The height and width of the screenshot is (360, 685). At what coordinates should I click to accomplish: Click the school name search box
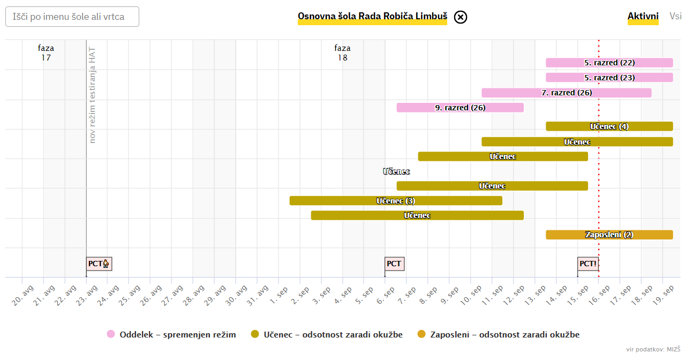tap(72, 17)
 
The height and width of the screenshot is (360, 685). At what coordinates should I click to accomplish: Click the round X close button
tap(461, 17)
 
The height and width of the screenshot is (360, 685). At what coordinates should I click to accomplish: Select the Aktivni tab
tap(643, 17)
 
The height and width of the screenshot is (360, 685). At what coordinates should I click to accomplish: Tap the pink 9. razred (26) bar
tap(460, 108)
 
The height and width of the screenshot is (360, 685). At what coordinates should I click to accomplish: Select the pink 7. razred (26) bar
tap(566, 93)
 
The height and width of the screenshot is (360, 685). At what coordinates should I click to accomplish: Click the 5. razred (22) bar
tap(609, 63)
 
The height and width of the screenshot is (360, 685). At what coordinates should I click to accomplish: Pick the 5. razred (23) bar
tap(609, 78)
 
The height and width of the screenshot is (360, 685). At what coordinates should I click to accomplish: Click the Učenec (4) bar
tap(609, 126)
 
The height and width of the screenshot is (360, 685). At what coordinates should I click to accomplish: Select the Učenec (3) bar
tap(396, 201)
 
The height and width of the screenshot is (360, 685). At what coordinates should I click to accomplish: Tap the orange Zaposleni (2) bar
tap(609, 235)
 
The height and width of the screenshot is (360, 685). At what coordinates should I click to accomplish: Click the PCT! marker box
tap(588, 264)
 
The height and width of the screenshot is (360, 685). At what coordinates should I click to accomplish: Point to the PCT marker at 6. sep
tap(394, 264)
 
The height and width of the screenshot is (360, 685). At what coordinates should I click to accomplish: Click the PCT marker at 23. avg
tap(99, 264)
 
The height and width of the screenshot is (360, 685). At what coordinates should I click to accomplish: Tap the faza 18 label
tap(342, 52)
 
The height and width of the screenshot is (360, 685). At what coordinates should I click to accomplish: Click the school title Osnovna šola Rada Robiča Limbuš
tap(372, 17)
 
